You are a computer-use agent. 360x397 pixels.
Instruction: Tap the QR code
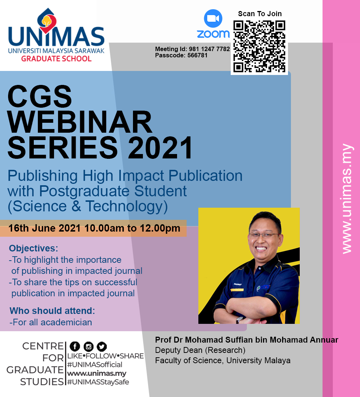(259, 46)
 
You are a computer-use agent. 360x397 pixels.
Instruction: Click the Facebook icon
(75, 346)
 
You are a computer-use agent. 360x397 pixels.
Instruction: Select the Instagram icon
(88, 346)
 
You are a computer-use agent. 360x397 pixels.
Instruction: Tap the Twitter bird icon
(101, 346)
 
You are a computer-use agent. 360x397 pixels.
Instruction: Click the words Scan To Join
(260, 14)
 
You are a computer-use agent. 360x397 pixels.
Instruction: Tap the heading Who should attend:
(52, 311)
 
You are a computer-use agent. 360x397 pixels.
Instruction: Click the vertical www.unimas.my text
(346, 198)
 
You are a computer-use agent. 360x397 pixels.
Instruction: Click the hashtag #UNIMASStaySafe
(98, 382)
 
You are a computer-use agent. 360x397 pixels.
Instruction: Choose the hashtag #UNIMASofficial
(95, 365)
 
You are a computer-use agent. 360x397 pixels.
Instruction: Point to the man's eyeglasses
(263, 235)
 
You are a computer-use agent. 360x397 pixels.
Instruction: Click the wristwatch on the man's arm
(240, 320)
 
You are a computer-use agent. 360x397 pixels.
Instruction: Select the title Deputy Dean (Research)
(200, 350)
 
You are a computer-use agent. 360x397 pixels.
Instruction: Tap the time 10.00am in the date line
(104, 228)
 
